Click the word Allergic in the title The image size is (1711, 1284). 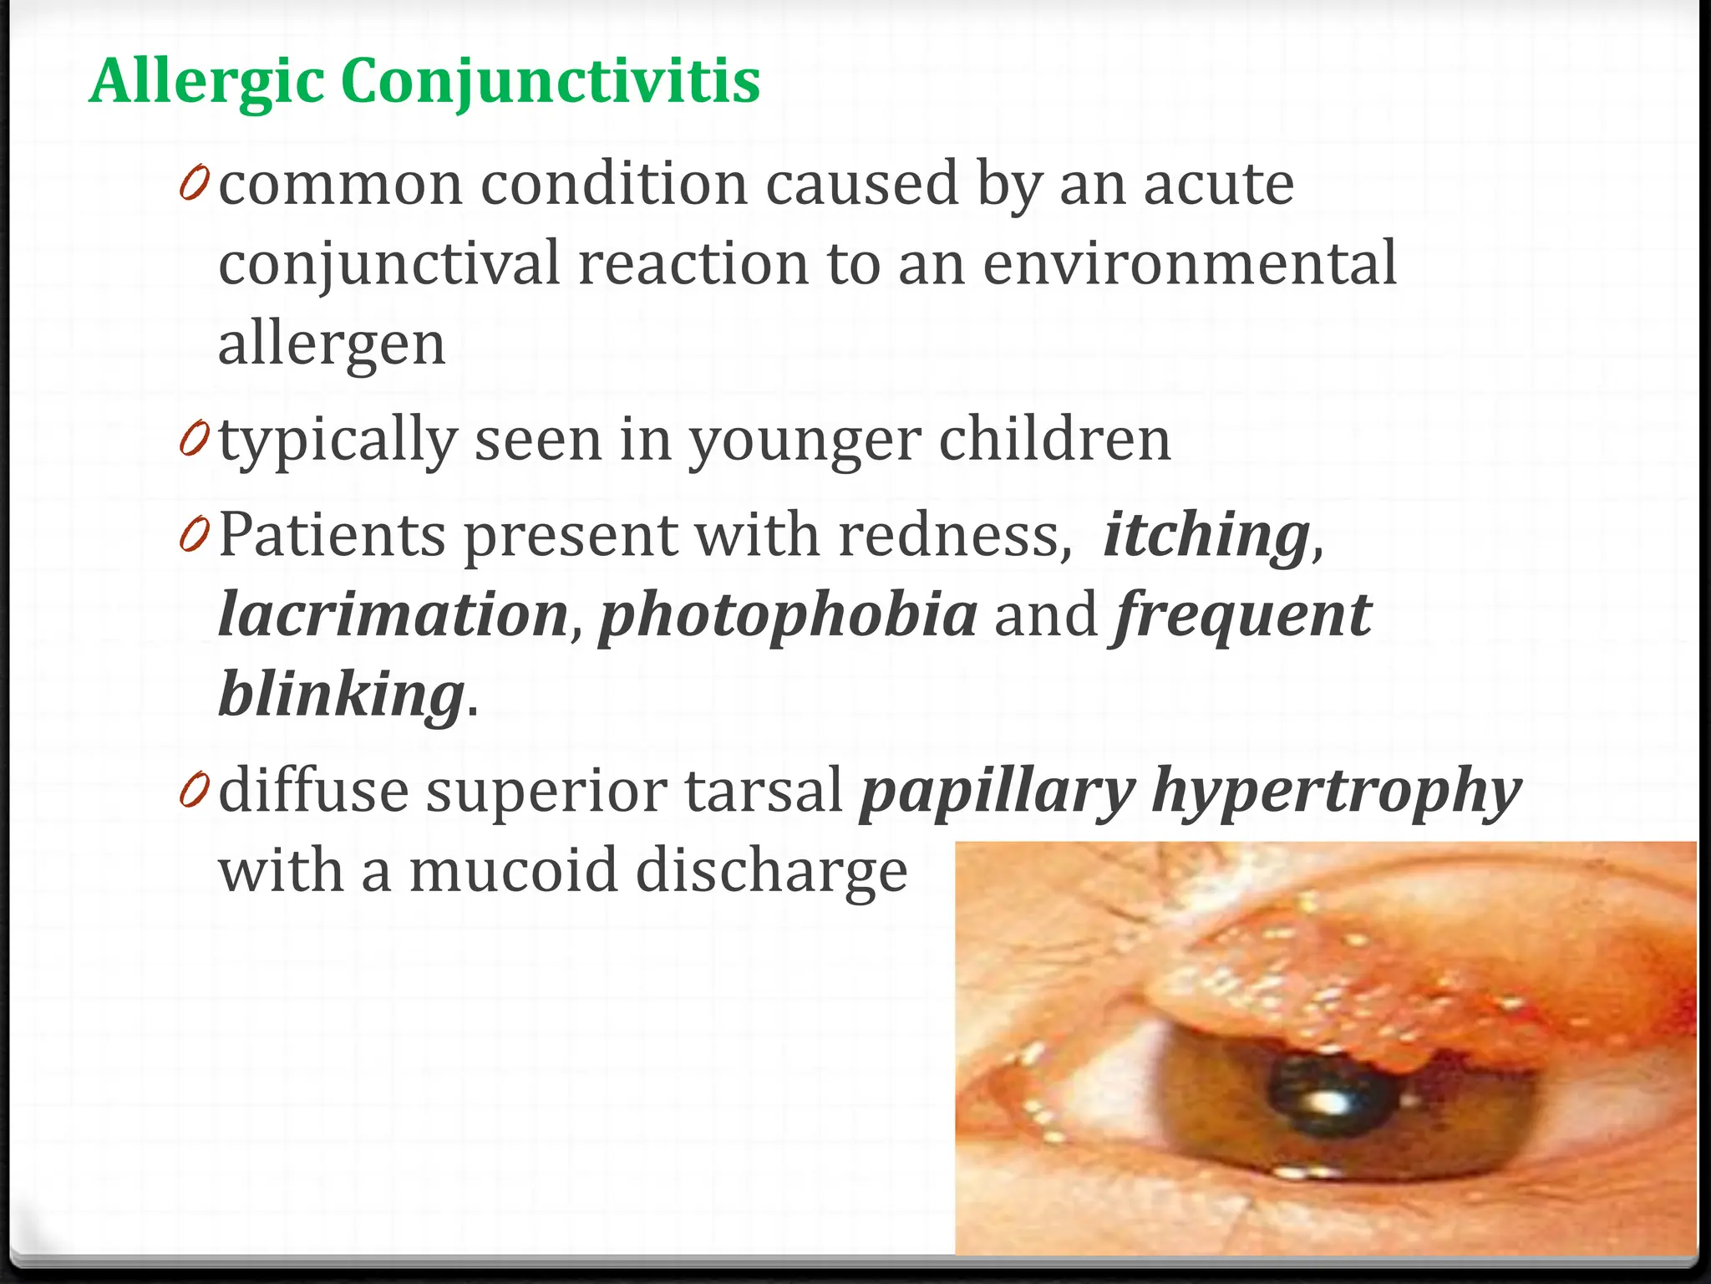(206, 83)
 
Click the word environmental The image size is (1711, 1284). (1189, 264)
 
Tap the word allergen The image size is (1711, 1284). (332, 344)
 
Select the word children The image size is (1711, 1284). (1054, 440)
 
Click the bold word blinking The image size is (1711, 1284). (341, 695)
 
